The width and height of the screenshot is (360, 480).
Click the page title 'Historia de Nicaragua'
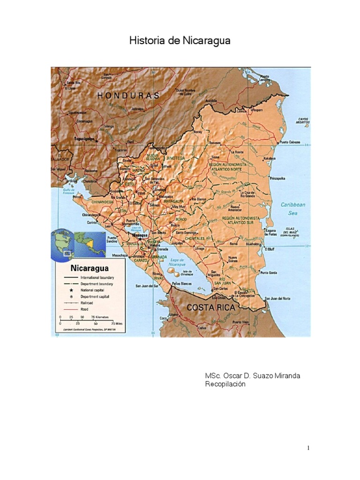coord(180,41)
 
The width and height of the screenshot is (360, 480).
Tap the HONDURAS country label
coord(128,95)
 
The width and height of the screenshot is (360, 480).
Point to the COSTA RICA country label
coord(210,307)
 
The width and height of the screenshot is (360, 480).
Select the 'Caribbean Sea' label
coord(293,209)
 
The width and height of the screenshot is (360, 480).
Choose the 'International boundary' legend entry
coord(97,277)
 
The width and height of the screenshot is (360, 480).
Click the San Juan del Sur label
coord(147,285)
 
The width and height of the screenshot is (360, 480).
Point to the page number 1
coord(308,448)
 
